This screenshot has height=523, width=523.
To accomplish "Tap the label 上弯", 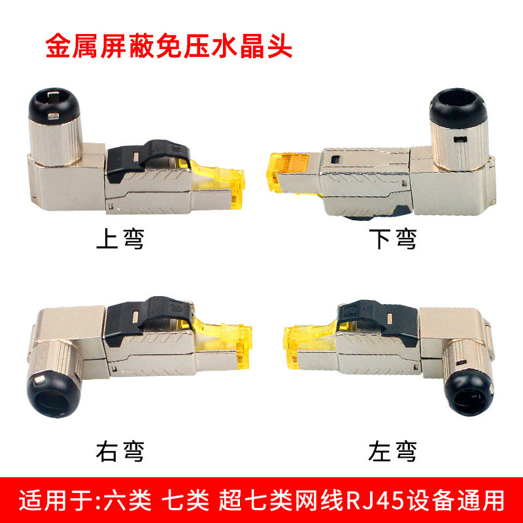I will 120,240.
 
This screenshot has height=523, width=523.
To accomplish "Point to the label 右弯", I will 120,450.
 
